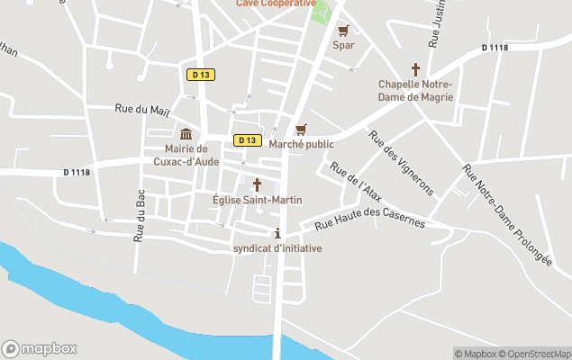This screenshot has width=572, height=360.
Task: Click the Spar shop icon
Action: click(x=343, y=30)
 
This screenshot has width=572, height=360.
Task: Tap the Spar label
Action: click(x=343, y=45)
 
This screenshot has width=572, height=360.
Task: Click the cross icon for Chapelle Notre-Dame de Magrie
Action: click(x=416, y=68)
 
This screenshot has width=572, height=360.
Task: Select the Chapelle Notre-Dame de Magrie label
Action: click(x=416, y=90)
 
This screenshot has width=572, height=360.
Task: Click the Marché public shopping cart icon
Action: click(x=301, y=130)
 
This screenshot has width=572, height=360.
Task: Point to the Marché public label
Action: click(x=301, y=144)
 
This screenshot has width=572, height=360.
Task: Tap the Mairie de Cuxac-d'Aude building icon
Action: click(x=186, y=134)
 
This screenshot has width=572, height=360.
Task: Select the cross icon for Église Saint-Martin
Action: click(x=257, y=184)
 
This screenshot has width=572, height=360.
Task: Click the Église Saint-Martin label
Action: click(x=257, y=200)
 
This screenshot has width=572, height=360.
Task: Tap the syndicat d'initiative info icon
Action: click(x=277, y=233)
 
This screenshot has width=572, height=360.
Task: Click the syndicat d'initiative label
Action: click(x=277, y=248)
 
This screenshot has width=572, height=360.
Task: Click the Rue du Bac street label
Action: click(x=140, y=220)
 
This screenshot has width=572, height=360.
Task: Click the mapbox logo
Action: click(x=40, y=348)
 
